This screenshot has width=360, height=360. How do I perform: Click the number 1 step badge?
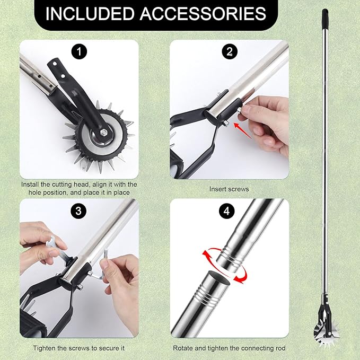[x=79, y=51]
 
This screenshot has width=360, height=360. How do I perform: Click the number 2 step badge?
[x=230, y=51]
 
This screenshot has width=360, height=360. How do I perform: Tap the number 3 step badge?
[x=78, y=211]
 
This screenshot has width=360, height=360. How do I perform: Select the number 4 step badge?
[x=226, y=211]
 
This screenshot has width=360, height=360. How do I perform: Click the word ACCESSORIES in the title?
[x=203, y=14]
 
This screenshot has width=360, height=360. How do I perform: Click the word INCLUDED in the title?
[x=90, y=14]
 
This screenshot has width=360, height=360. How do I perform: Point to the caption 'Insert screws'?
[x=229, y=189]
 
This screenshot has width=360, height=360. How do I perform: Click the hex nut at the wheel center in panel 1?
[x=103, y=133]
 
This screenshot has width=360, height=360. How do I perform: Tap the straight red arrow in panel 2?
[x=242, y=130]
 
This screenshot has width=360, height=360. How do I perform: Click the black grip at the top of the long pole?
[x=325, y=19]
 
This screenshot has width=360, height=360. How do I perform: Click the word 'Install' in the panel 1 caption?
[x=30, y=185]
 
